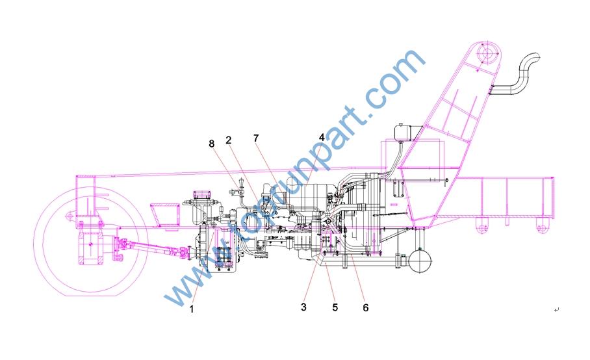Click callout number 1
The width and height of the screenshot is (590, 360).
(x=192, y=310)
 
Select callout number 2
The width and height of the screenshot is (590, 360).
(x=229, y=140)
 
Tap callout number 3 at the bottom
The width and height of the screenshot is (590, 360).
(x=303, y=307)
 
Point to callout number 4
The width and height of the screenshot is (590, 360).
(x=322, y=137)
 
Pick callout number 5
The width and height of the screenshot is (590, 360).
(x=335, y=307)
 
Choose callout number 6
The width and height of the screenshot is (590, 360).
(x=365, y=307)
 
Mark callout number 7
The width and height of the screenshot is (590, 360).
(x=256, y=138)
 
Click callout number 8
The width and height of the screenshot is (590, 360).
(x=212, y=143)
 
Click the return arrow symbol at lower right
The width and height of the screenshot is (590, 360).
(x=556, y=309)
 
